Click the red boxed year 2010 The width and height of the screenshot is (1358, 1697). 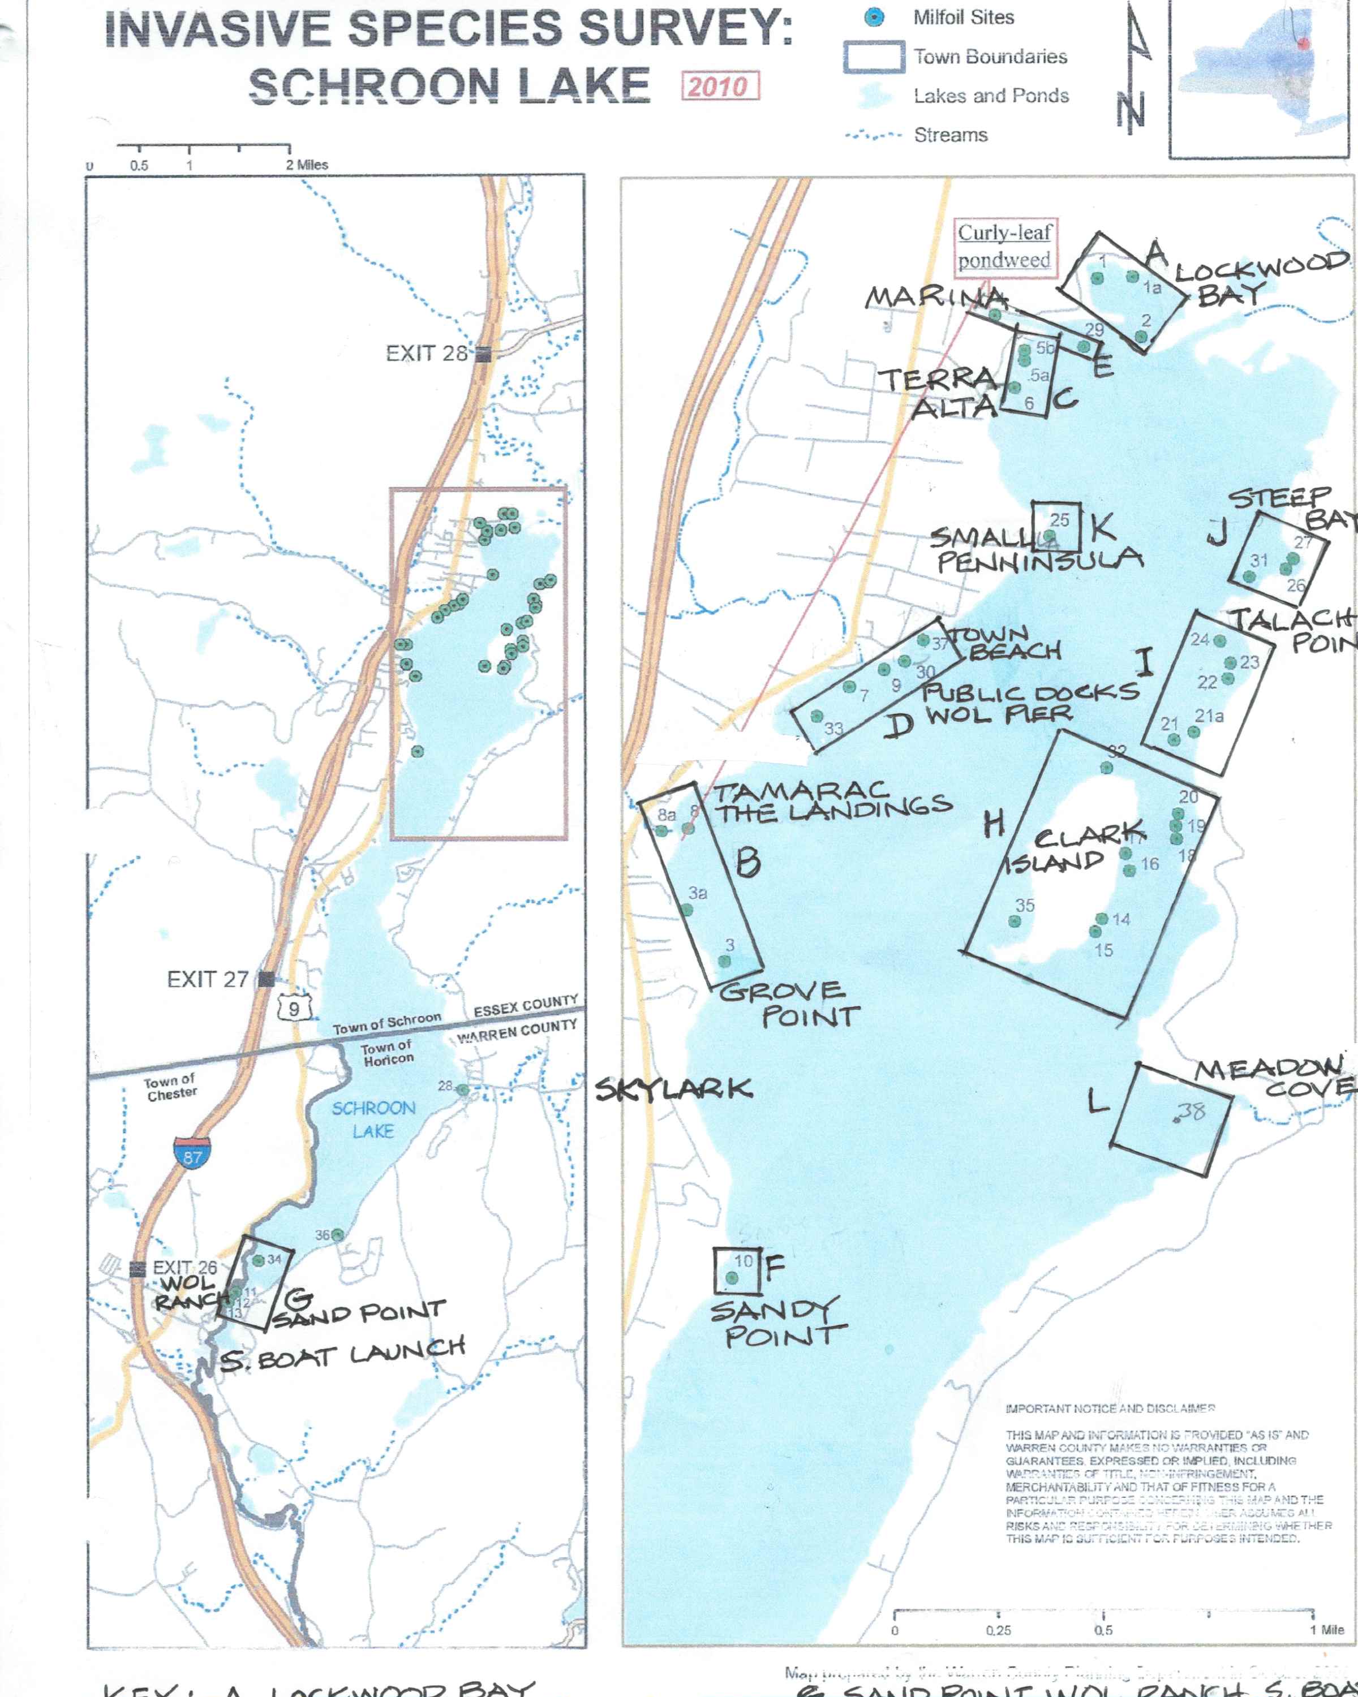coord(720,86)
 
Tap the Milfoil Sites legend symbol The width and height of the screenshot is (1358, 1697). coord(874,18)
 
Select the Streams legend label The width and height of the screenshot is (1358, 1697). coord(950,135)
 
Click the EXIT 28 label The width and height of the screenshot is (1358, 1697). coord(427,354)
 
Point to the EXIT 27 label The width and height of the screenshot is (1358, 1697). coord(208,979)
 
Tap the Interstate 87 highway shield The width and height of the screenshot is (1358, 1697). coord(192,1154)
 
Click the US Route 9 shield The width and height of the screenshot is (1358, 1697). coord(294,1008)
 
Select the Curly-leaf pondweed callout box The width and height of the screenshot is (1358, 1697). coord(1004,247)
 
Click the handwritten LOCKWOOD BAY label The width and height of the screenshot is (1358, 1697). coord(1260,279)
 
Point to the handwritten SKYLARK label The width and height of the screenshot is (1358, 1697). coord(674,1090)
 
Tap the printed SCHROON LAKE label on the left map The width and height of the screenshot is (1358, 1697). coord(373,1119)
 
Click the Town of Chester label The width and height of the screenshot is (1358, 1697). coord(171,1087)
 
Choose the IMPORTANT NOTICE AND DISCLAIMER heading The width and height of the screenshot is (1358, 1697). coord(1110,1408)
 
